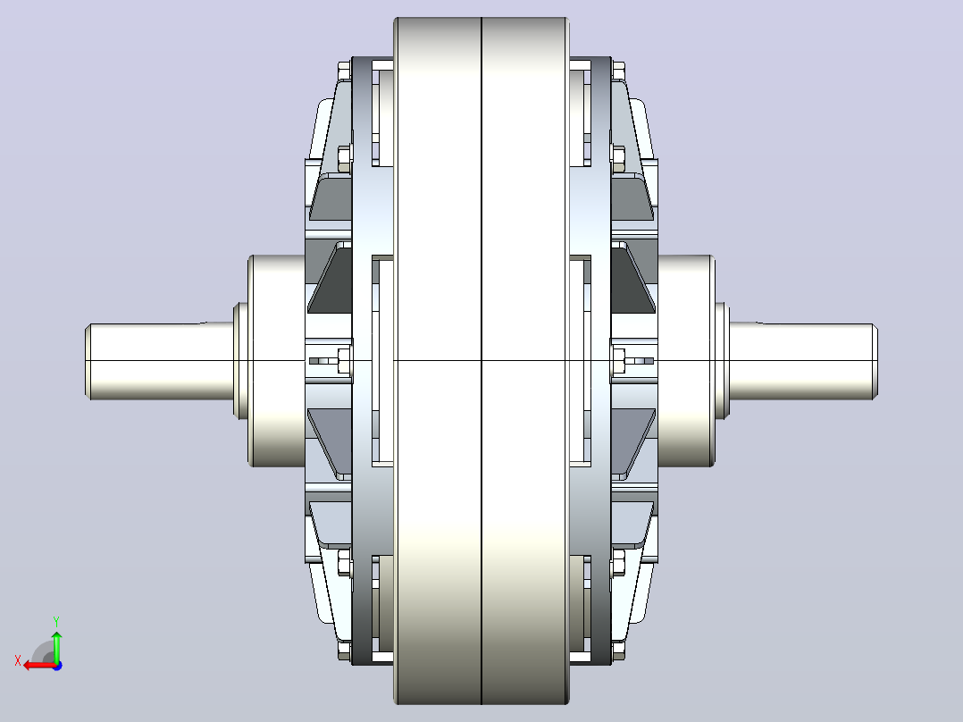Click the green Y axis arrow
[56, 646]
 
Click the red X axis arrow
[39, 666]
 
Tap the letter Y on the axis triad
[56, 621]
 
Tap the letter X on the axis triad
[18, 660]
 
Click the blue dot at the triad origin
[57, 666]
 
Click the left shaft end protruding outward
[160, 361]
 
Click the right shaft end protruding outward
[803, 361]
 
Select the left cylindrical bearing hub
[277, 361]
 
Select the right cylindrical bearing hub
[686, 361]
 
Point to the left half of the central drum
[438, 361]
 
